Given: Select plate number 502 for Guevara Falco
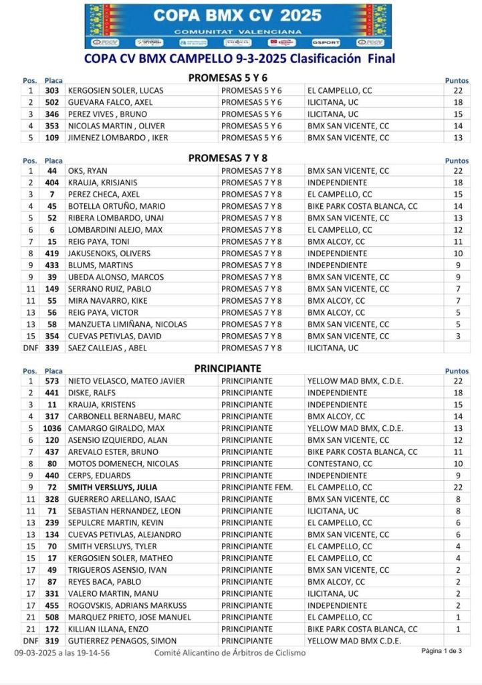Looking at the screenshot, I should click(x=52, y=102).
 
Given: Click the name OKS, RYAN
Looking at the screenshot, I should click(x=88, y=171).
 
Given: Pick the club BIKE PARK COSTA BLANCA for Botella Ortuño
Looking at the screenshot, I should click(x=362, y=206).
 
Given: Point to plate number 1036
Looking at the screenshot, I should click(x=52, y=428).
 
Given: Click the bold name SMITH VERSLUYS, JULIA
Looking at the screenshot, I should click(x=112, y=487).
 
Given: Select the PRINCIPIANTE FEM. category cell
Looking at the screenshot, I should click(x=257, y=487).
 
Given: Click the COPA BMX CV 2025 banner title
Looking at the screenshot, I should click(x=238, y=15).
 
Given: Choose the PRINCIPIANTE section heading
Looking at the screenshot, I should click(x=228, y=368).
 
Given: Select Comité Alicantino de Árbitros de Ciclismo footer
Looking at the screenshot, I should click(x=230, y=652).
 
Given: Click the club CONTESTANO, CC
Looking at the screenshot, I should click(x=340, y=464).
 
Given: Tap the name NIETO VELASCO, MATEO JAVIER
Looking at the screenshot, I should click(x=126, y=381).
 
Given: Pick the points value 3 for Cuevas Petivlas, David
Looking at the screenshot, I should click(x=458, y=336).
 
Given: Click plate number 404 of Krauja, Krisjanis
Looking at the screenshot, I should click(x=52, y=183).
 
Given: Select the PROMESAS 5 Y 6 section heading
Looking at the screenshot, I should click(x=228, y=78).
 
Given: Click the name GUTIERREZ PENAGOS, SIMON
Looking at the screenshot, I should click(x=123, y=641).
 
